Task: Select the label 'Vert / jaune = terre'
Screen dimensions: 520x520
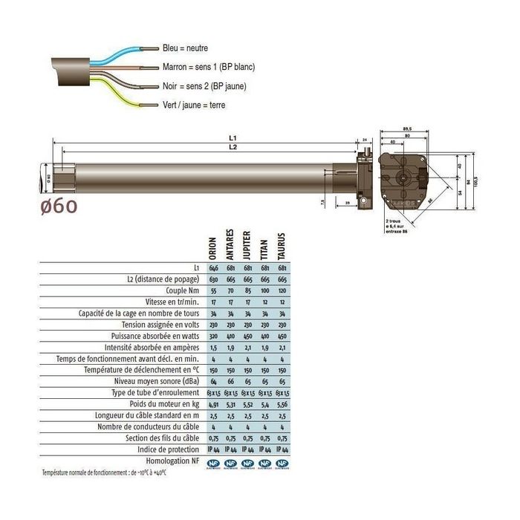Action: (193, 105)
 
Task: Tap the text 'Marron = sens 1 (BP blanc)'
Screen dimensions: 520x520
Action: (208, 67)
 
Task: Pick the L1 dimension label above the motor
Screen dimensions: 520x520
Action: (232, 139)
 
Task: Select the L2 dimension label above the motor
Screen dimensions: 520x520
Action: (232, 149)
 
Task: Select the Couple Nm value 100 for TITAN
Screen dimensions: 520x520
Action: (264, 290)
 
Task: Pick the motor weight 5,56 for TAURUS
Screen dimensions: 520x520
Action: (283, 403)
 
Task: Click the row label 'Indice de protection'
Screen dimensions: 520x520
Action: (169, 449)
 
